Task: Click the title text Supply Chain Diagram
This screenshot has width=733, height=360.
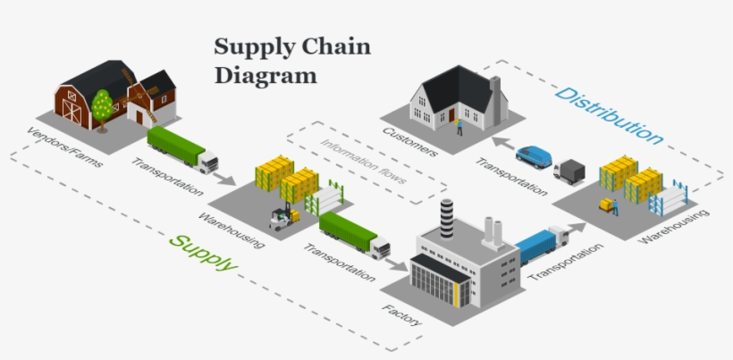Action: pos(291,60)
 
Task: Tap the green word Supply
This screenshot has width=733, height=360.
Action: pos(204,253)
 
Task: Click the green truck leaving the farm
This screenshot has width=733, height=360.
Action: pos(181,149)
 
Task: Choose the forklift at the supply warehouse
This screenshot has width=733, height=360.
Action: pos(284,218)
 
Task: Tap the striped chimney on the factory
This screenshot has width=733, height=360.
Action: pos(446,219)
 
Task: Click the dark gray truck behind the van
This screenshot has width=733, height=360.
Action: pos(569,171)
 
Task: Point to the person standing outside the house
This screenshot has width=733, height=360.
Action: pos(460,126)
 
